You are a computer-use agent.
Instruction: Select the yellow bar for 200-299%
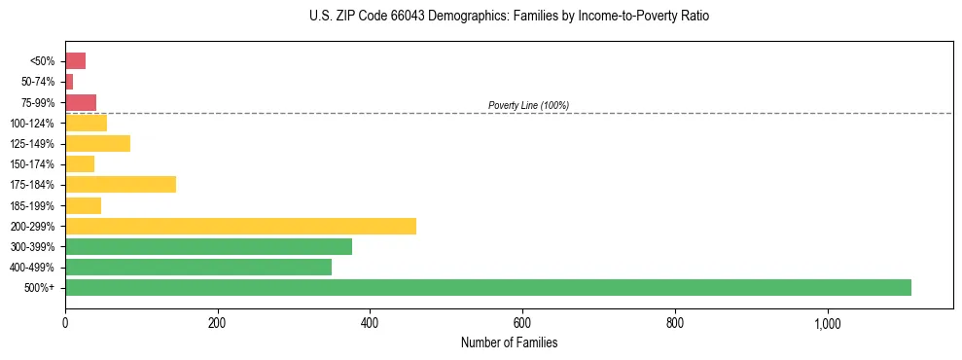click(x=240, y=226)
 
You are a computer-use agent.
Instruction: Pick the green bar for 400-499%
click(x=198, y=267)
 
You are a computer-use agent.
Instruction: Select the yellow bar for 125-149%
click(x=97, y=143)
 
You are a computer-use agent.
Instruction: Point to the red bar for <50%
click(x=75, y=61)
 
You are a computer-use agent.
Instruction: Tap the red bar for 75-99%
click(x=81, y=102)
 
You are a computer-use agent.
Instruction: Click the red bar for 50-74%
click(x=69, y=82)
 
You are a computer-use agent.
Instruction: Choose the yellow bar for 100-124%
click(x=86, y=123)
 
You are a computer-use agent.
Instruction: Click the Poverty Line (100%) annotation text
click(x=528, y=105)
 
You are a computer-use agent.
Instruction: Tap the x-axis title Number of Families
click(x=509, y=342)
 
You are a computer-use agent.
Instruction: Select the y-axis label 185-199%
click(x=32, y=205)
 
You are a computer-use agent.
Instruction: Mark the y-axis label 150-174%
click(x=32, y=164)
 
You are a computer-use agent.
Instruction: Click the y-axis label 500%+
click(x=41, y=288)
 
